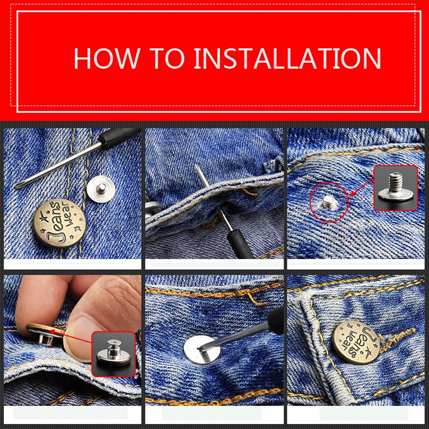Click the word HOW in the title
[x=106, y=58]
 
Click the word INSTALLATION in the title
[x=287, y=58]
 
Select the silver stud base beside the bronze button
[x=101, y=189]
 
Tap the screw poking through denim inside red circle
[x=328, y=202]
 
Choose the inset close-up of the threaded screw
[x=396, y=188]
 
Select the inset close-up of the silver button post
[x=113, y=354]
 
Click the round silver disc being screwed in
[x=202, y=350]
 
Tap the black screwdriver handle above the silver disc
[x=276, y=321]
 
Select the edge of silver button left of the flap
[x=152, y=209]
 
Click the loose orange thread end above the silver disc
[x=256, y=300]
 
